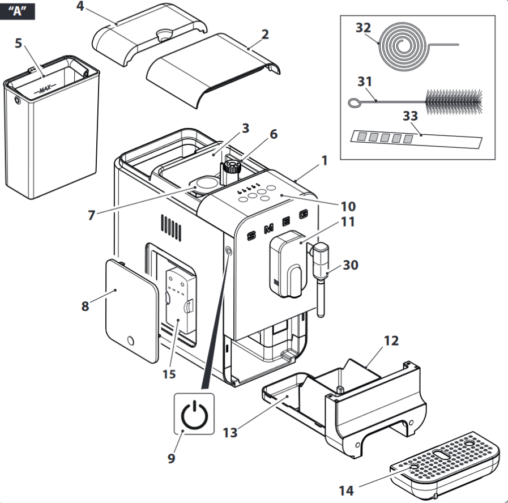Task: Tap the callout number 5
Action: [19, 44]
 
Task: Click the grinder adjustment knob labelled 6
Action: [230, 167]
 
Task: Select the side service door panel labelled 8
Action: [130, 309]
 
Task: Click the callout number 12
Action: [391, 341]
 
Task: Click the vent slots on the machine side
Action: [171, 228]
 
